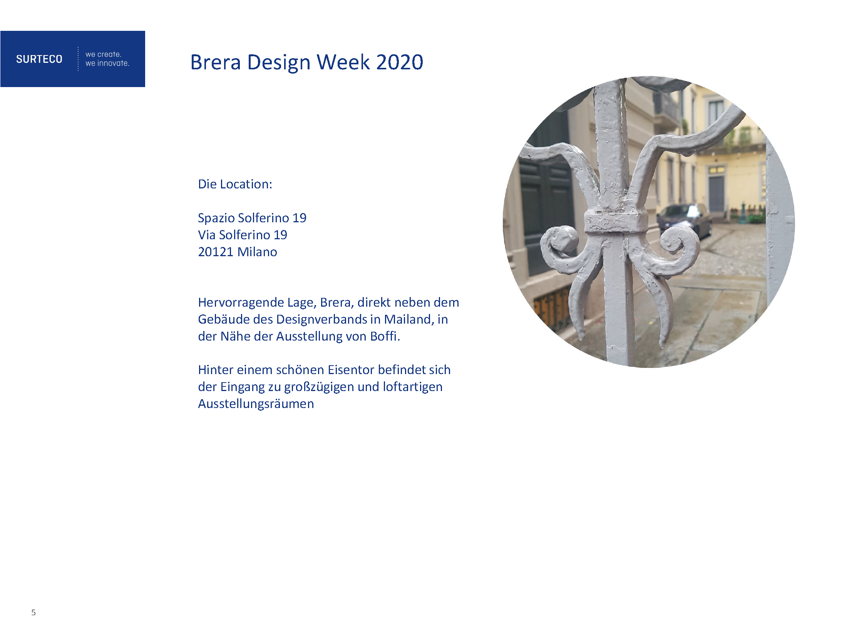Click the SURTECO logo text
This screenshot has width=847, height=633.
tap(39, 59)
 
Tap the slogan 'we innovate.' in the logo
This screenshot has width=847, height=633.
tap(107, 63)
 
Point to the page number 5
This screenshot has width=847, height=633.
tap(33, 612)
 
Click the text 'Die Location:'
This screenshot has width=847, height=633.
tap(235, 184)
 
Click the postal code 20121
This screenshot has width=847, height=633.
tap(216, 252)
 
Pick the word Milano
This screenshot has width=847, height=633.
tap(257, 252)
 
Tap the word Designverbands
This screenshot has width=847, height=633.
tap(321, 319)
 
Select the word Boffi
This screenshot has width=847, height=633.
tap(385, 336)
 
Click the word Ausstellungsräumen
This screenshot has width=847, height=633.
tap(256, 404)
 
